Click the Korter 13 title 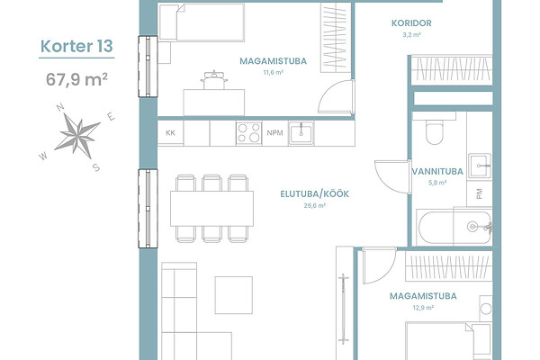(76, 46)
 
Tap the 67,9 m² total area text (76, 79)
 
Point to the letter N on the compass (60, 107)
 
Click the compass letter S (96, 167)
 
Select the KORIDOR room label (411, 23)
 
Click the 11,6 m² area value (273, 72)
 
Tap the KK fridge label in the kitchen (170, 132)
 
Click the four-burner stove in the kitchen (249, 132)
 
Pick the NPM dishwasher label (274, 132)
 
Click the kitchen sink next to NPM (301, 133)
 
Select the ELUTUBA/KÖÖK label (314, 194)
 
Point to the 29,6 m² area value (314, 206)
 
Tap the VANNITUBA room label (437, 171)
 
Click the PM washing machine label (480, 193)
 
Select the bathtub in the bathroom (454, 228)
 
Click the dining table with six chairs (211, 209)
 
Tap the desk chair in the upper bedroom (214, 80)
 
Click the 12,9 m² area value (423, 308)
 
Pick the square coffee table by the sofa (234, 295)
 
